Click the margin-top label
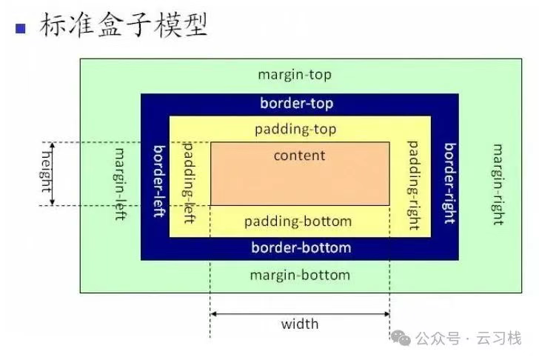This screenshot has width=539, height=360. tap(295, 75)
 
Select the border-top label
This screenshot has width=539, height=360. tap(296, 104)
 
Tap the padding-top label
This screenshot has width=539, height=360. tap(295, 130)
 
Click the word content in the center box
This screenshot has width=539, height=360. tap(299, 156)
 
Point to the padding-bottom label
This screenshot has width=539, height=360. tap(298, 221)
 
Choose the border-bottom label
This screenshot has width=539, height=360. tap(301, 247)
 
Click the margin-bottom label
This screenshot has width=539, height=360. tap(299, 276)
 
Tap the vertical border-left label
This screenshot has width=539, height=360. tap(158, 181)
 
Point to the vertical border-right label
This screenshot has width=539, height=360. tap(449, 181)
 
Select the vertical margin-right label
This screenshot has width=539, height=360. tap(498, 184)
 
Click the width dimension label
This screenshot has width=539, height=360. tap(300, 324)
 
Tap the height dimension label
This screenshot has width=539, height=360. tap(47, 173)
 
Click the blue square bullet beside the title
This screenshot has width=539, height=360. tap(21, 30)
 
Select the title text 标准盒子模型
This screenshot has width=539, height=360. tap(123, 26)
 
